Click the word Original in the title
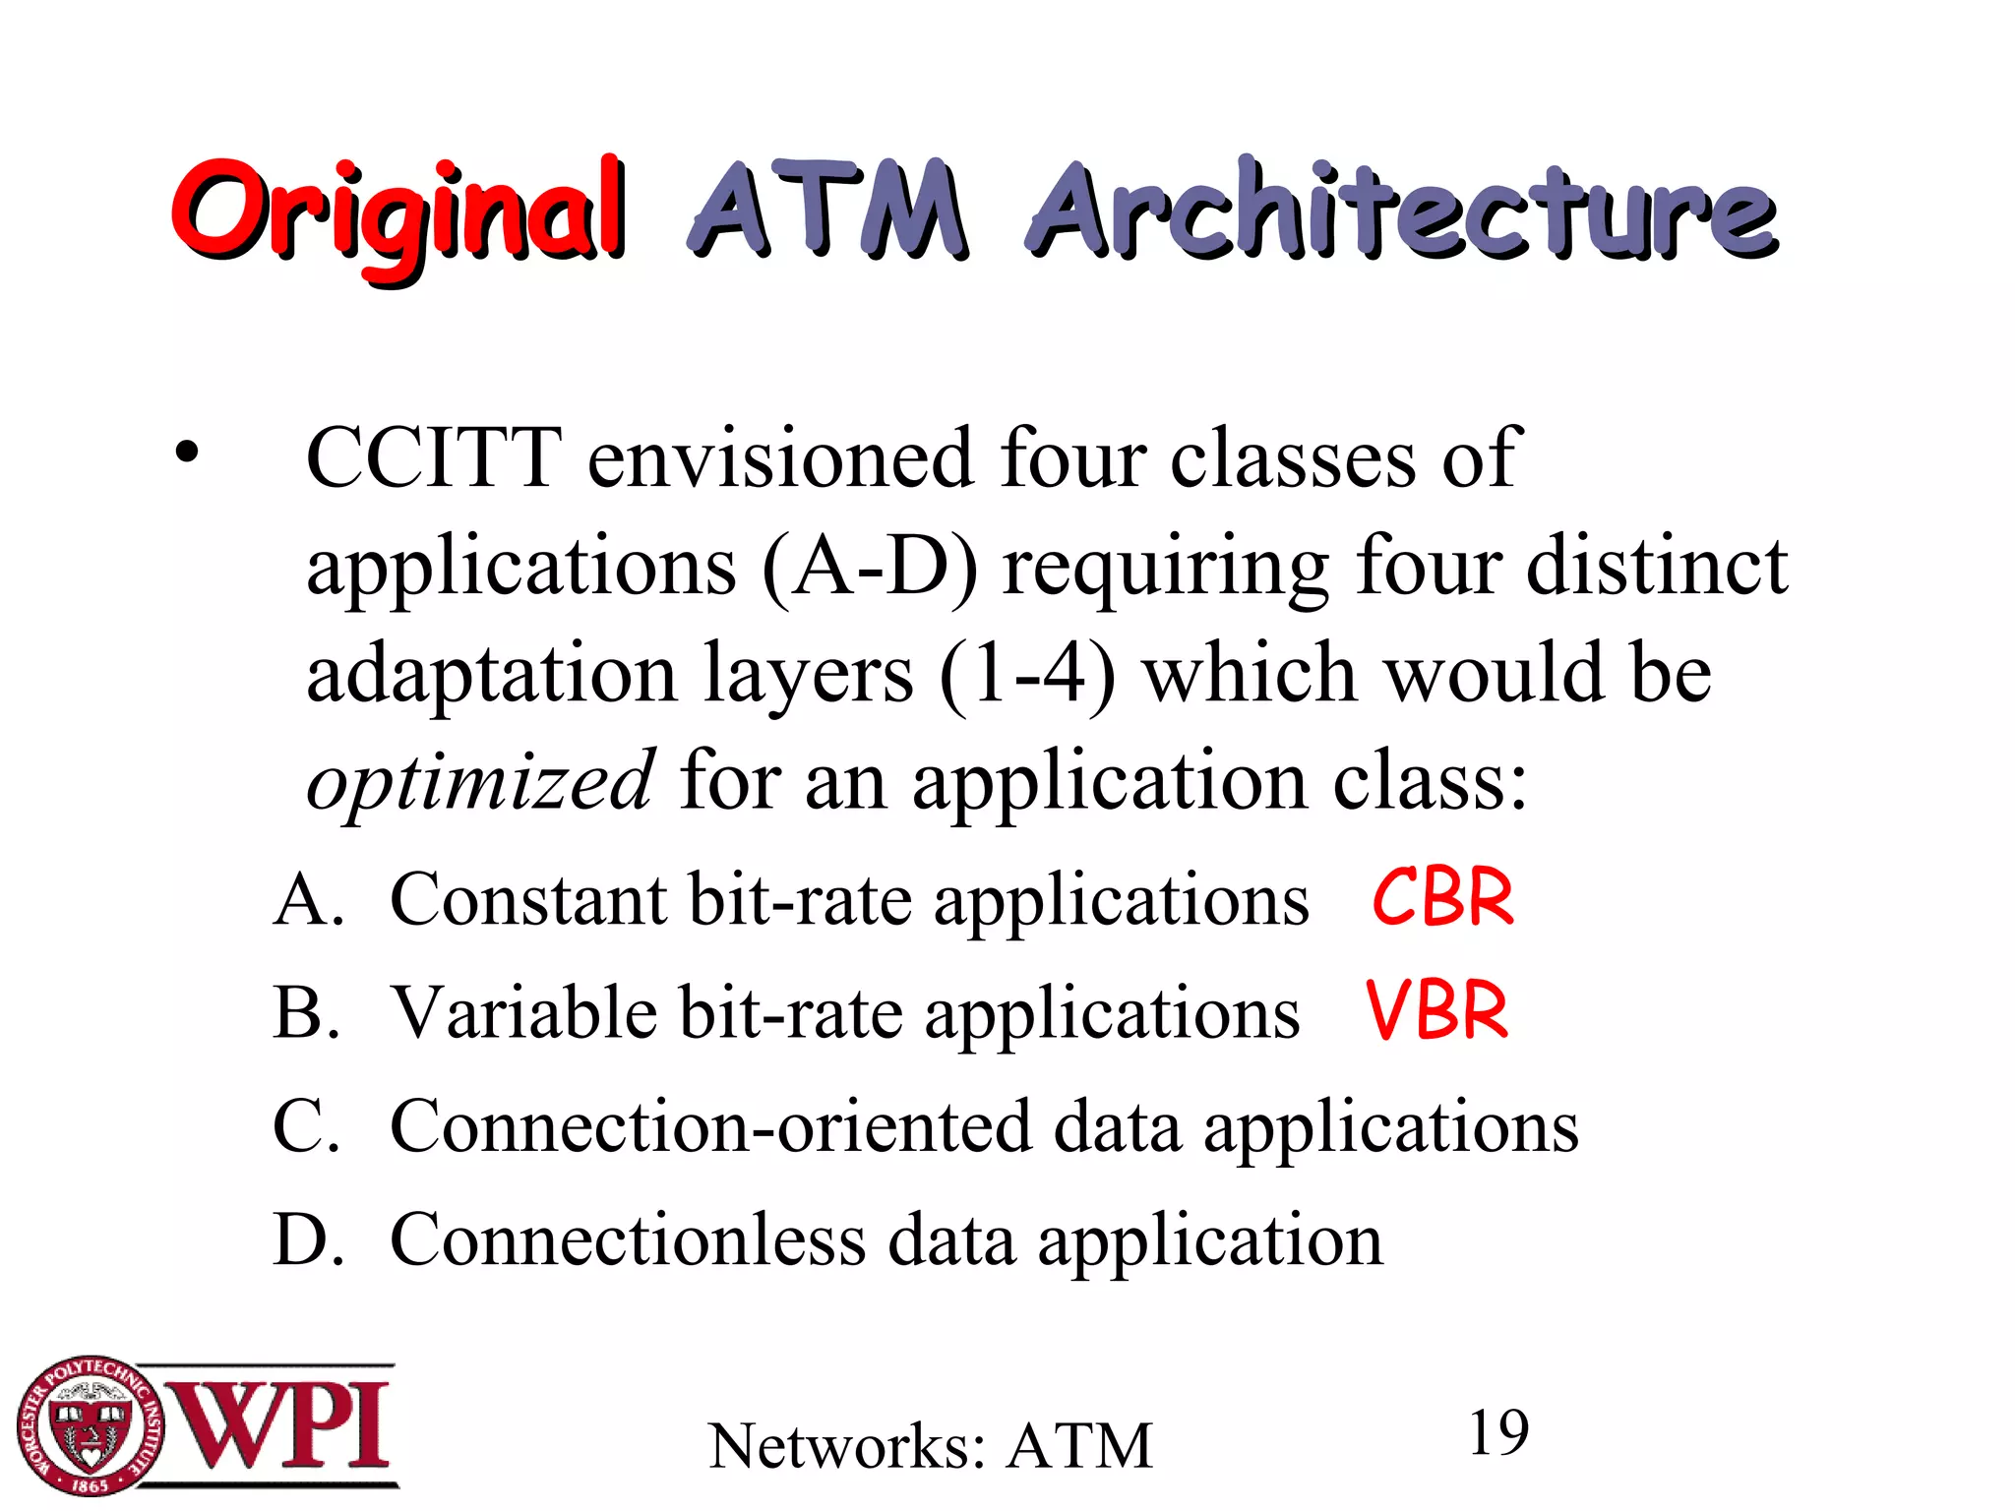coord(397,214)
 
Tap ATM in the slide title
coord(826,211)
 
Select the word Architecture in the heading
coord(1401,211)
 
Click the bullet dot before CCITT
coord(187,454)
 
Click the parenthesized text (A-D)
coord(870,568)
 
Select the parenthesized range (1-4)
coord(1027,676)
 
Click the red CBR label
coord(1442,898)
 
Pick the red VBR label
coord(1436,1011)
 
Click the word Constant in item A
coord(528,900)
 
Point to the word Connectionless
coord(628,1239)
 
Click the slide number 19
coord(1497,1433)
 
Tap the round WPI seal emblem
coord(90,1425)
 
